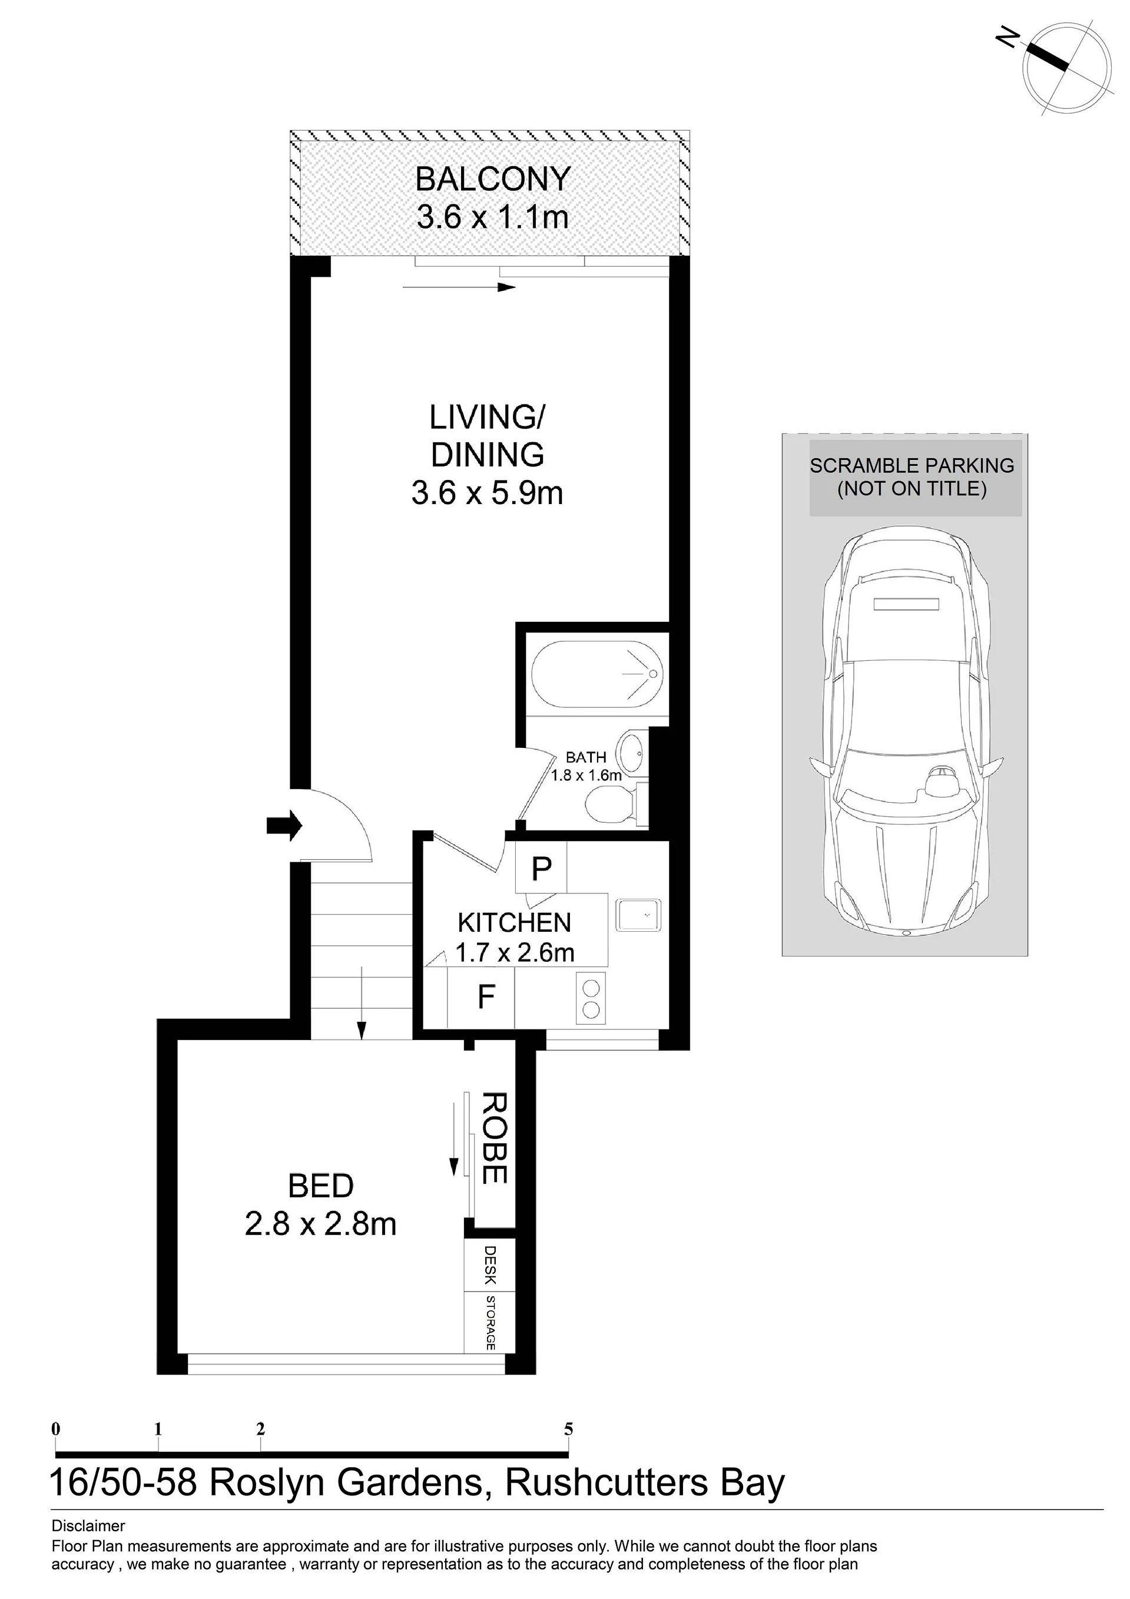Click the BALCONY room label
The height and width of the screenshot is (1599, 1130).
point(493,180)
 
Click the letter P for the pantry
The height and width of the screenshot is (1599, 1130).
point(541,869)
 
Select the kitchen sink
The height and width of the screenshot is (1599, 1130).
point(638,916)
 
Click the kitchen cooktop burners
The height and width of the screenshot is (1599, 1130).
point(591,999)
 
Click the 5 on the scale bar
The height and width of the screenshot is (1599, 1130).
point(568,1428)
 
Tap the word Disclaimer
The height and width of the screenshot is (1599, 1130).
point(88,1526)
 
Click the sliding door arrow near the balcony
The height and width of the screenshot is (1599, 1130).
point(458,286)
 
